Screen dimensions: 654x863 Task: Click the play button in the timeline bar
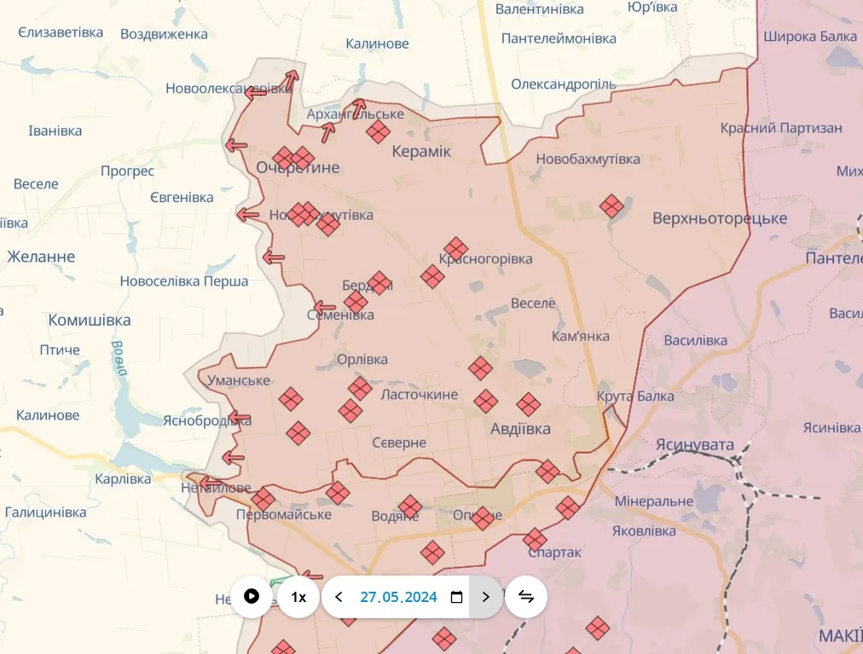pos(252,596)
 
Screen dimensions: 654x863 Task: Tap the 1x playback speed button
pos(298,597)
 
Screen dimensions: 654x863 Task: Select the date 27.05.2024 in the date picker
pos(398,597)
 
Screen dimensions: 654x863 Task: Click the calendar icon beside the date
pos(456,597)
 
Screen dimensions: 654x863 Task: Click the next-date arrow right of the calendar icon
pos(486,597)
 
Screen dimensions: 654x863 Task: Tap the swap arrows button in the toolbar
pos(526,597)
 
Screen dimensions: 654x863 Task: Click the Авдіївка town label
pos(520,429)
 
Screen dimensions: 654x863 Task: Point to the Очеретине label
pos(298,168)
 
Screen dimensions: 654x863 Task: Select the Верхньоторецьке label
pos(720,218)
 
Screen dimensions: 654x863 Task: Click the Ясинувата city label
pos(695,445)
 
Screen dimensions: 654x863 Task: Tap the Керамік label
pos(421,151)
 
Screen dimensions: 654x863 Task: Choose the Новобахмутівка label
pos(588,159)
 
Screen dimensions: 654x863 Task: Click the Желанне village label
pos(41,257)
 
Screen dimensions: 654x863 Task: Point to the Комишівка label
pos(90,321)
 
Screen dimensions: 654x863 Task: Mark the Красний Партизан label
pos(781,128)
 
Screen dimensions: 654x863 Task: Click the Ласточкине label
pos(419,395)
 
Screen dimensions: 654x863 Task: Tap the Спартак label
pos(554,553)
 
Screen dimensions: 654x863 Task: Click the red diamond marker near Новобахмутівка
pos(611,205)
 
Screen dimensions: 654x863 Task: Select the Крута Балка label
pos(635,396)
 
